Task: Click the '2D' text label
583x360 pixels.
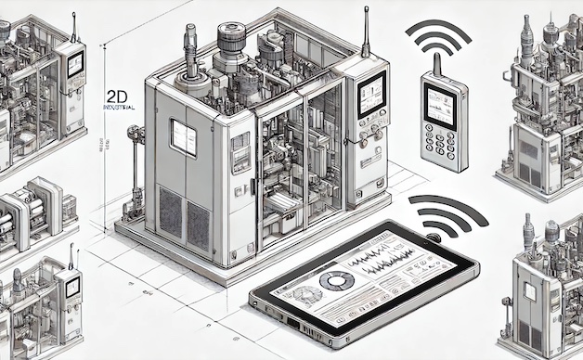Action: pos(118,96)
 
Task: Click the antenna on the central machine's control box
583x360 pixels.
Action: pos(366,32)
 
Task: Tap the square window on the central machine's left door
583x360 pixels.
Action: pos(183,136)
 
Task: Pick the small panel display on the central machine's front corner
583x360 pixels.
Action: pos(240,149)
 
